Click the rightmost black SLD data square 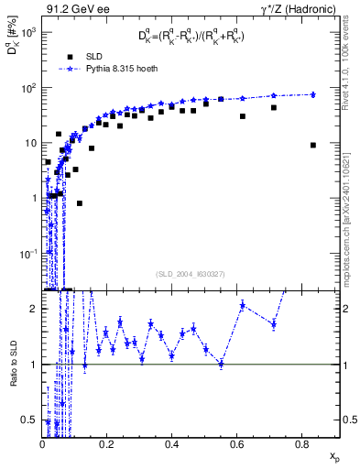[x=313, y=145]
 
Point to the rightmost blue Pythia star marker [x=313, y=94]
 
